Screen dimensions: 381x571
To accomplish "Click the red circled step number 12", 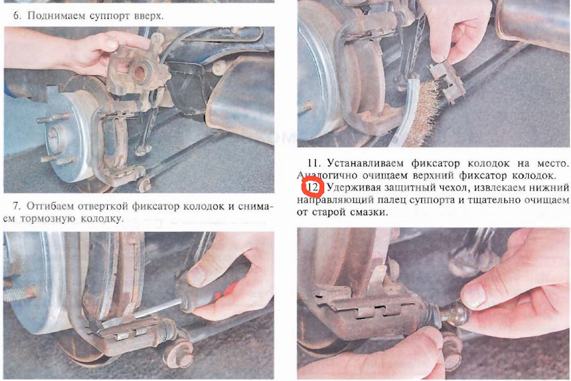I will pyautogui.click(x=312, y=187).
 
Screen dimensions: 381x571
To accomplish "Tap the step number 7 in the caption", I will pyautogui.click(x=17, y=206).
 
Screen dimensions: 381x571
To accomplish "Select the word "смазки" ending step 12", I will pyautogui.click(x=369, y=212).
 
